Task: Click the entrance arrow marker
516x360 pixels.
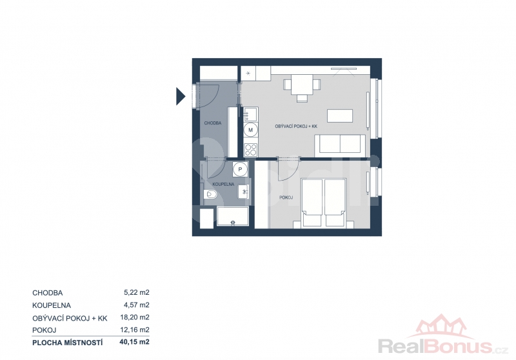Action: click(181, 96)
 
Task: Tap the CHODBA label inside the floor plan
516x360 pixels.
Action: click(213, 123)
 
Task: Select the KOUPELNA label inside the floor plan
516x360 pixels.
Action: click(223, 185)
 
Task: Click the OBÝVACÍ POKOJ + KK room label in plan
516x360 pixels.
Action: click(296, 126)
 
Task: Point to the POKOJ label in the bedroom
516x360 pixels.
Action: click(286, 198)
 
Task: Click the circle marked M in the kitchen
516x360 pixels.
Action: click(250, 130)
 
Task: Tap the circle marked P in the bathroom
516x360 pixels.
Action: click(240, 170)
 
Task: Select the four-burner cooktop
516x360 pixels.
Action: click(251, 150)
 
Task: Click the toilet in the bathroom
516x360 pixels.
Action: click(210, 195)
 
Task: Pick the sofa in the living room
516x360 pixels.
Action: click(341, 145)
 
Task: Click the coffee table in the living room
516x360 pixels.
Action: click(340, 116)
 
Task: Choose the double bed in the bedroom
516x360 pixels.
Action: click(324, 203)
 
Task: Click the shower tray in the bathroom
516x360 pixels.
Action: click(233, 216)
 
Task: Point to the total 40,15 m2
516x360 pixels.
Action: click(135, 342)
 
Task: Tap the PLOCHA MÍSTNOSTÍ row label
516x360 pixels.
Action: click(68, 343)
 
